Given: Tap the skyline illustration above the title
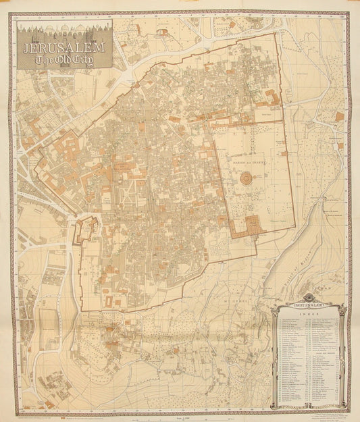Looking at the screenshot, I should tap(66, 32).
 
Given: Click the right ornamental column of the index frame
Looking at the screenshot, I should tap(343, 354).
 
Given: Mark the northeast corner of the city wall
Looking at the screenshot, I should tap(276, 34).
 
